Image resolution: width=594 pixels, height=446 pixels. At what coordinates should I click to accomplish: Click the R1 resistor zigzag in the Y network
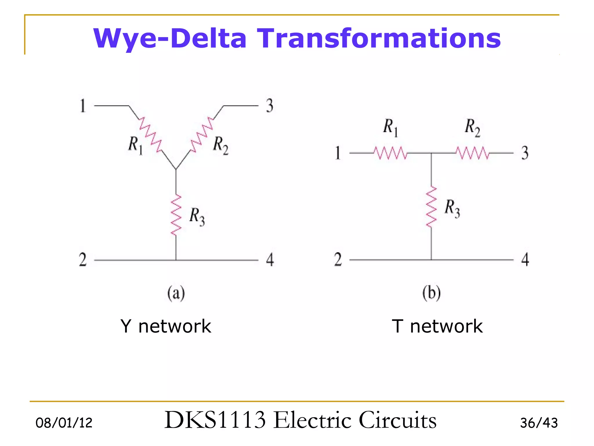pyautogui.click(x=150, y=135)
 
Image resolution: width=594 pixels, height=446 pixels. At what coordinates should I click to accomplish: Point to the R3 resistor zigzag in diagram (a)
pyautogui.click(x=176, y=215)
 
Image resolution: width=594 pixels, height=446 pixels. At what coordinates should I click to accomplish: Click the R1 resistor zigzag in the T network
pyautogui.click(x=390, y=153)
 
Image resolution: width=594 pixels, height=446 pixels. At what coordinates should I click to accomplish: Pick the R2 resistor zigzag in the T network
pyautogui.click(x=472, y=153)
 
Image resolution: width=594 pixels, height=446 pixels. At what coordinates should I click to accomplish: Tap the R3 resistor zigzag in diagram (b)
pyautogui.click(x=431, y=207)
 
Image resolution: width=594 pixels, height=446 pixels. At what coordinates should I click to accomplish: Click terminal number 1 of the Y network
pyautogui.click(x=83, y=106)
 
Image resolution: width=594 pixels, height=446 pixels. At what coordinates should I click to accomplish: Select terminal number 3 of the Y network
pyautogui.click(x=270, y=106)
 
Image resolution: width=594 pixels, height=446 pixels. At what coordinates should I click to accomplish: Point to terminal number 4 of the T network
pyautogui.click(x=525, y=259)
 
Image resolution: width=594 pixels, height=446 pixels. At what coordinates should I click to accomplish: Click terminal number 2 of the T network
pyautogui.click(x=338, y=259)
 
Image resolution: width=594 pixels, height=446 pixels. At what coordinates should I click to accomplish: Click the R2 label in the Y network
pyautogui.click(x=221, y=145)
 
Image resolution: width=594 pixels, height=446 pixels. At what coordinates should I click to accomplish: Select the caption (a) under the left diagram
pyautogui.click(x=176, y=293)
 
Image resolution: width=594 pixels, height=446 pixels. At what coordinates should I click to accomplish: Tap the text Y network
pyautogui.click(x=166, y=326)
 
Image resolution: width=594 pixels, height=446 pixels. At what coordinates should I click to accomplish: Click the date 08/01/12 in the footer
pyautogui.click(x=64, y=423)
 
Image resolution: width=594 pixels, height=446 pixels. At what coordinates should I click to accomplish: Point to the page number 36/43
pyautogui.click(x=539, y=423)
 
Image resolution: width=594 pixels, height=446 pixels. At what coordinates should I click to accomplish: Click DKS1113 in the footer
pyautogui.click(x=215, y=420)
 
